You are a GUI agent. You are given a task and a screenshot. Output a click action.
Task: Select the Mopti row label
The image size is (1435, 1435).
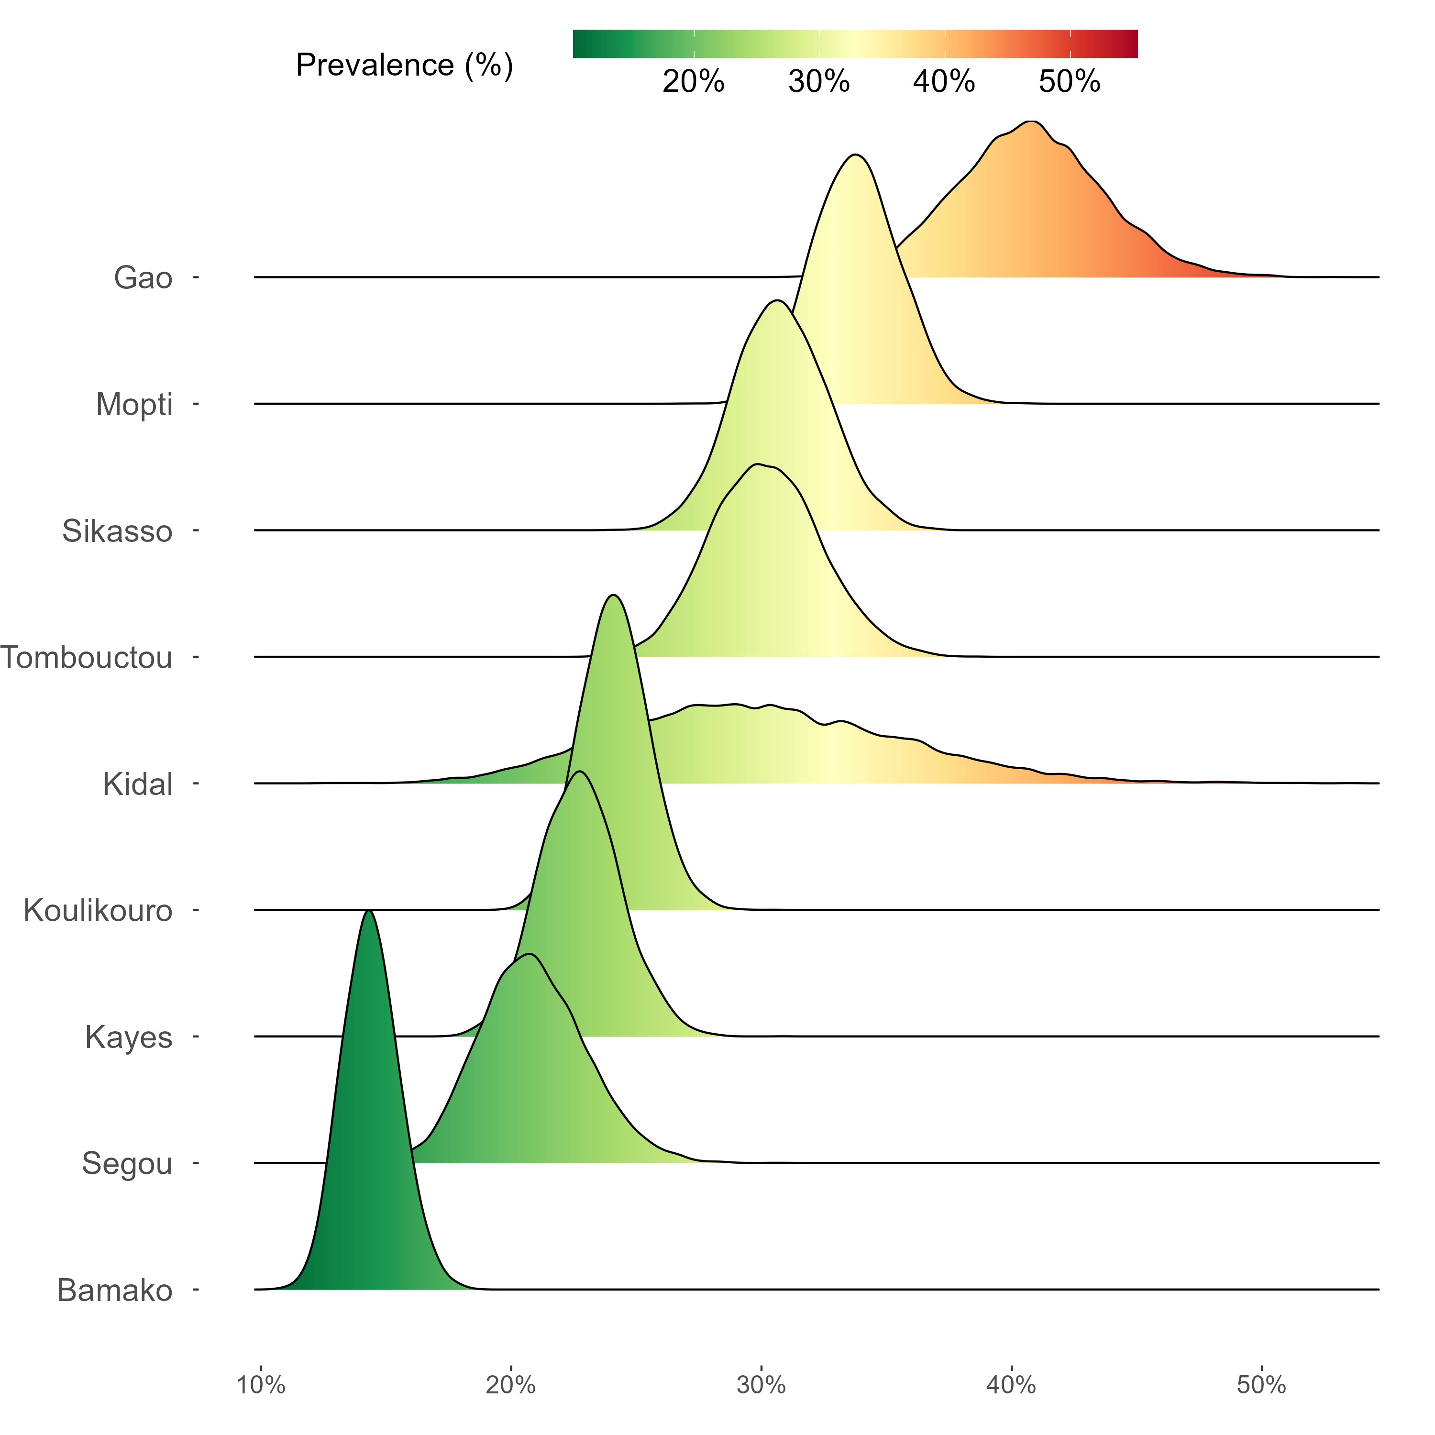tap(134, 405)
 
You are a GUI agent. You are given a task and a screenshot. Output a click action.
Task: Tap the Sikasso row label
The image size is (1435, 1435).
tap(117, 531)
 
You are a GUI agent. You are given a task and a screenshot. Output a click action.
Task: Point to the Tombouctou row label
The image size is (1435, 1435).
tap(86, 657)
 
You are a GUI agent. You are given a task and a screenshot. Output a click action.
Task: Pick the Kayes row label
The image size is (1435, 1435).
tap(129, 1037)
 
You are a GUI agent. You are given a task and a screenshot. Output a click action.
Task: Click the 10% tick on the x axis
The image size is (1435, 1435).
tap(261, 1384)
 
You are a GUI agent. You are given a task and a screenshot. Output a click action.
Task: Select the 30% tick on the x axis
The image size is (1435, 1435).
tap(762, 1384)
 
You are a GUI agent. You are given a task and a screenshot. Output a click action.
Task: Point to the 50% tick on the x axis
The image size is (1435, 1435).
tap(1261, 1384)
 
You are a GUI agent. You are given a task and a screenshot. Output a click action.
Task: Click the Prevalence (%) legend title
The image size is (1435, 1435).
tap(404, 66)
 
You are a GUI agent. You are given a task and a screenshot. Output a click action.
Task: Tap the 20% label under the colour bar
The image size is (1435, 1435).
tap(693, 82)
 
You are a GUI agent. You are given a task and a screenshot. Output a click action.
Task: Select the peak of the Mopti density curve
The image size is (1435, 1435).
tap(856, 155)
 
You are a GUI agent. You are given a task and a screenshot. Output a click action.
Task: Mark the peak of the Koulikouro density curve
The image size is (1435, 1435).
tap(613, 596)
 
